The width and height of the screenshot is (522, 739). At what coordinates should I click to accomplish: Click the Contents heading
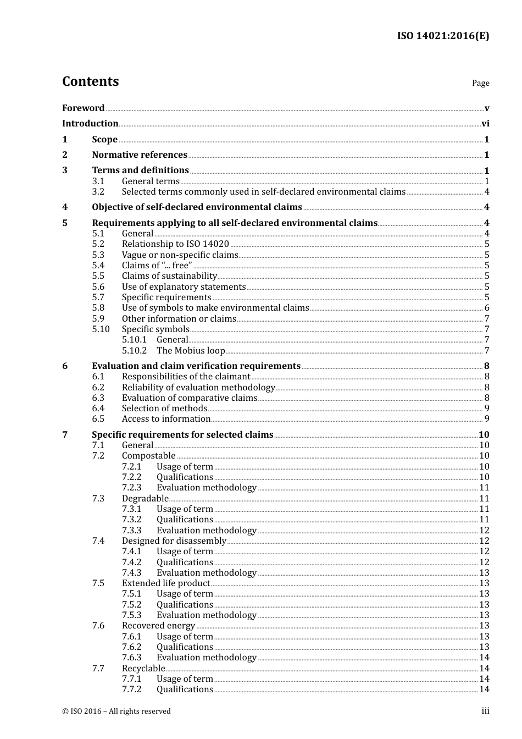click(90, 81)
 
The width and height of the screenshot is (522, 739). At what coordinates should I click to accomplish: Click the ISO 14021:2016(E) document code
click(443, 36)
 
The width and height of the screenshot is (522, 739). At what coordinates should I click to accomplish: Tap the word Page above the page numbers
click(480, 83)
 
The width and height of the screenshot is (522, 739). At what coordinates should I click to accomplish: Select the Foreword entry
click(83, 108)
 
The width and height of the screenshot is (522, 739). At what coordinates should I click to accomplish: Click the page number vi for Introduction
click(485, 124)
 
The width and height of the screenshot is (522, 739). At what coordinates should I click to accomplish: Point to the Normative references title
click(140, 155)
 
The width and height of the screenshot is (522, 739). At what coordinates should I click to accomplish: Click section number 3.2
click(98, 192)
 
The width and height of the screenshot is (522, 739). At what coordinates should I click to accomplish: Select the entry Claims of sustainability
click(169, 276)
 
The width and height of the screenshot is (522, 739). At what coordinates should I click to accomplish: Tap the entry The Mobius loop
click(191, 350)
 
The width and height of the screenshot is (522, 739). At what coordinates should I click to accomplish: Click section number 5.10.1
click(134, 340)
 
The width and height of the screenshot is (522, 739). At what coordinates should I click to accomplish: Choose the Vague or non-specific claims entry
click(180, 255)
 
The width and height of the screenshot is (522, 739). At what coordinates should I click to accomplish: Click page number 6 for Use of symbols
click(487, 308)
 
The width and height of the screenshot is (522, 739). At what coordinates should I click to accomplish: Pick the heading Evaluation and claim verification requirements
click(196, 366)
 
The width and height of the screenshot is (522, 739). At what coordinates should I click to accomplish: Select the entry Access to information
click(166, 419)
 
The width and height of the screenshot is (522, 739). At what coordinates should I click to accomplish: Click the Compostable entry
click(148, 456)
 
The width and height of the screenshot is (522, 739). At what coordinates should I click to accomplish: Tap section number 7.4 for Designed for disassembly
click(98, 541)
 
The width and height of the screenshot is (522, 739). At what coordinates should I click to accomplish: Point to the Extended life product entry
click(165, 583)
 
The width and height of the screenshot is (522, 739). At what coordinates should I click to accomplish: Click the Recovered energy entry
click(158, 626)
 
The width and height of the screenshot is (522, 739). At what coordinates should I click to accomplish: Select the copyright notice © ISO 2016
click(116, 711)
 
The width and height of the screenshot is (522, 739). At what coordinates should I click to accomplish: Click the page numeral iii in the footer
click(485, 711)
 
